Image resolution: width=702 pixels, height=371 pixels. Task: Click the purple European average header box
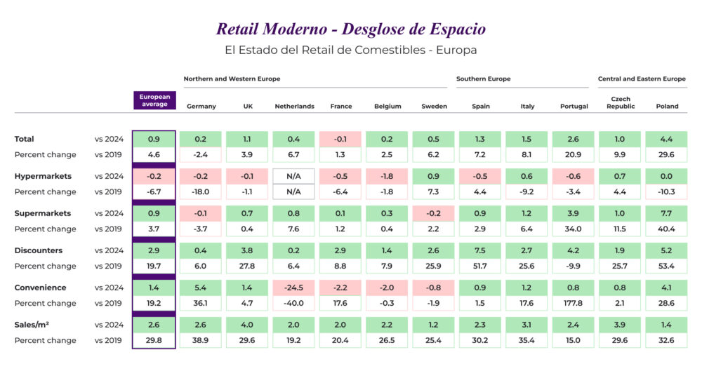tap(154, 100)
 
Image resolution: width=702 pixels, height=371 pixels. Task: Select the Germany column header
tap(201, 107)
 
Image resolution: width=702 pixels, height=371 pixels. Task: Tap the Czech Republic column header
tap(621, 102)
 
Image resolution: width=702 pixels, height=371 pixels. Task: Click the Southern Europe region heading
tap(483, 79)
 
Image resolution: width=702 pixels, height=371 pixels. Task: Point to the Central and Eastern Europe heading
tap(642, 79)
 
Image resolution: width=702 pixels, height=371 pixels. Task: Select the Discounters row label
tap(38, 250)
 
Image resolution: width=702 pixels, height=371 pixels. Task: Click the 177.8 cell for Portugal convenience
tap(574, 303)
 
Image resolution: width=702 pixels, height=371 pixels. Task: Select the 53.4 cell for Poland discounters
tap(667, 266)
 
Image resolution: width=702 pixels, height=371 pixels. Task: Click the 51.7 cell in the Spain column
tap(481, 266)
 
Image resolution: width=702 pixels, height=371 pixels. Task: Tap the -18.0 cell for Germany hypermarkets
tap(201, 191)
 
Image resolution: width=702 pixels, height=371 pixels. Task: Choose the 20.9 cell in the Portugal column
tap(574, 154)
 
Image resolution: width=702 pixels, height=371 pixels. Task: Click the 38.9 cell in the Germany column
tap(201, 340)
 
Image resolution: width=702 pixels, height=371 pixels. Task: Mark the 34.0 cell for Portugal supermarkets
tap(574, 229)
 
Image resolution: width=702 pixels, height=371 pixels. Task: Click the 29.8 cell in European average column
tap(154, 340)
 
